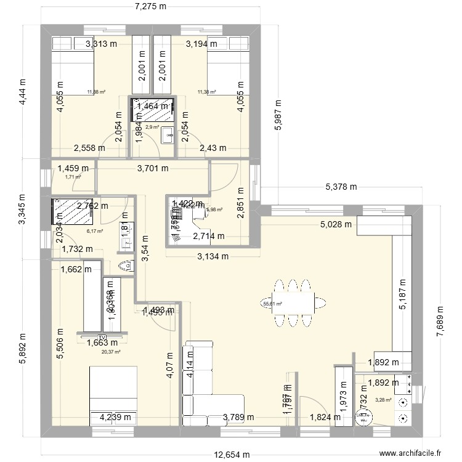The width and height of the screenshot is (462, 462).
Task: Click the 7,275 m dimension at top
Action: point(152,7)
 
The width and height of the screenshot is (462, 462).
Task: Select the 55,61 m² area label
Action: point(272,303)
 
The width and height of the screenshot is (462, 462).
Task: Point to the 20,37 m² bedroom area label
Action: point(111,352)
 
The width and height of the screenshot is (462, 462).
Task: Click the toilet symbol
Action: point(126,265)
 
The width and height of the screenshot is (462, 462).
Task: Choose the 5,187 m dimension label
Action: point(403,303)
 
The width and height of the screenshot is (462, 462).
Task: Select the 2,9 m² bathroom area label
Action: point(152,127)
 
